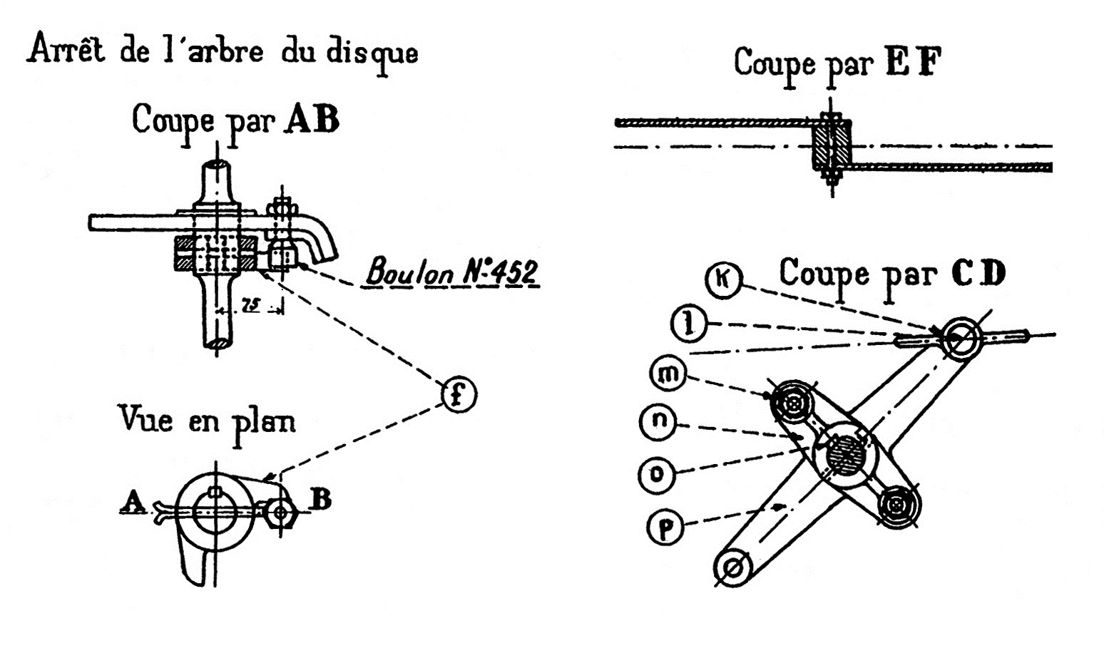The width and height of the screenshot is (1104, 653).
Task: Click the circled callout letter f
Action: click(458, 394)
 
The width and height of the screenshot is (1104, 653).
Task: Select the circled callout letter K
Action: click(723, 279)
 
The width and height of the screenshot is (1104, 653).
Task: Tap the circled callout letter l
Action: click(688, 324)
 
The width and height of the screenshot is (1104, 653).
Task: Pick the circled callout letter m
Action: click(668, 374)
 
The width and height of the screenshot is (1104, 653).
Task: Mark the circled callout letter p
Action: click(665, 529)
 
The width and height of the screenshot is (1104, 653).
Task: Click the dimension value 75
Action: click(250, 306)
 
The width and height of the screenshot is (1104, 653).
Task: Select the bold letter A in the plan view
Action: click(133, 502)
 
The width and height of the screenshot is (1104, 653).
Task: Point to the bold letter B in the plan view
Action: click(322, 500)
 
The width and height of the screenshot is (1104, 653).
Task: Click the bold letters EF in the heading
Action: click(914, 63)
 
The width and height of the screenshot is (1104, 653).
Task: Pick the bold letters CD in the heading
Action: click(978, 273)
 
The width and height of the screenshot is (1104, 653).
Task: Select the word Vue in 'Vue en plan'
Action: click(145, 419)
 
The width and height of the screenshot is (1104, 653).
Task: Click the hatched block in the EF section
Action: click(832, 145)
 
